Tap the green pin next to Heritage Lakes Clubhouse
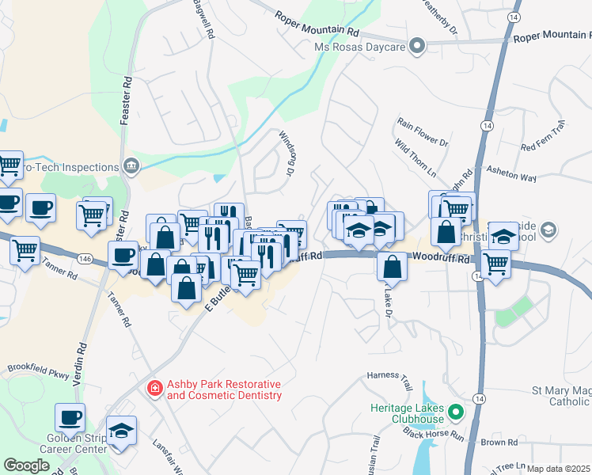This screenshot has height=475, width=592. pyautogui.click(x=455, y=412)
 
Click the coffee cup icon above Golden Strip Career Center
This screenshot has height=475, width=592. pyautogui.click(x=70, y=417)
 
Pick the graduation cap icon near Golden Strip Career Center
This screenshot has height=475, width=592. pyautogui.click(x=121, y=431)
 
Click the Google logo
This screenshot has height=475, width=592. pyautogui.click(x=26, y=465)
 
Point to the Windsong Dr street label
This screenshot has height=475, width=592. pyautogui.click(x=286, y=154)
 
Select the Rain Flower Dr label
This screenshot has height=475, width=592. pyautogui.click(x=422, y=131)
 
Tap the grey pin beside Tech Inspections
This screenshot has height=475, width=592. pyautogui.click(x=132, y=166)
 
